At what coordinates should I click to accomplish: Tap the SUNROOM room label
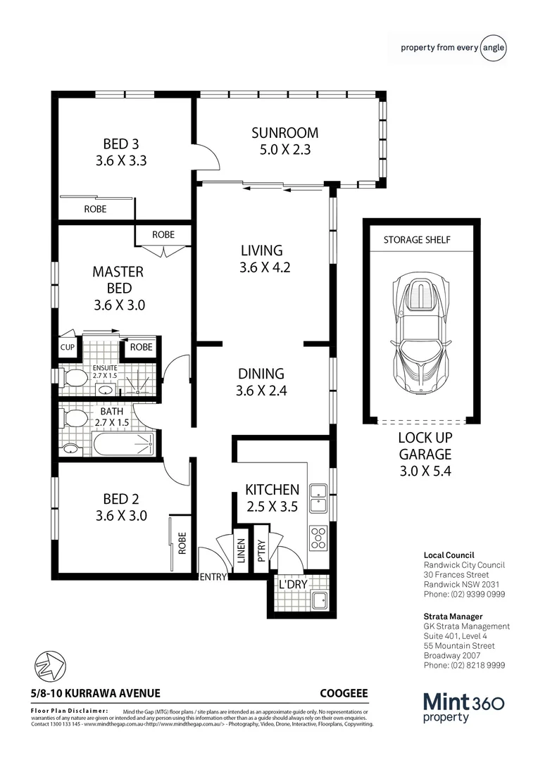285,133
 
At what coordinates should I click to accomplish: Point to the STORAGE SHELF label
417,240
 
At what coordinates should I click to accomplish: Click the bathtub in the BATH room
123,444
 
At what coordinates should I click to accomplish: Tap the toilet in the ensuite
72,379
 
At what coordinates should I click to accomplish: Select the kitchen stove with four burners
318,538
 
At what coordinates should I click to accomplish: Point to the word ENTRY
213,578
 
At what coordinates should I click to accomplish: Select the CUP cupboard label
68,347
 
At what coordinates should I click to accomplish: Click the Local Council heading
449,555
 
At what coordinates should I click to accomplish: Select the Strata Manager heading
453,616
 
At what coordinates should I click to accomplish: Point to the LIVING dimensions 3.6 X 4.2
261,267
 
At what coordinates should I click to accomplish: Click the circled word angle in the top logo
493,48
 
